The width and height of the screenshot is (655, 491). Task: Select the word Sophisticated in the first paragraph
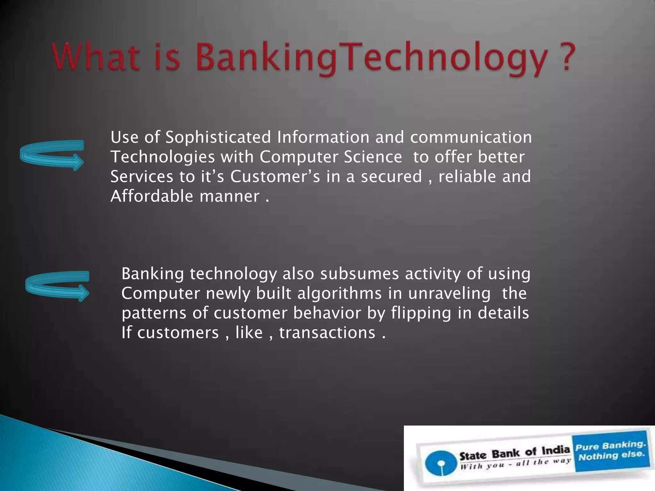point(218,137)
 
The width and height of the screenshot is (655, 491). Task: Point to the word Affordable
point(152,196)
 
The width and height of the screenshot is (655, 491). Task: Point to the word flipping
point(421,313)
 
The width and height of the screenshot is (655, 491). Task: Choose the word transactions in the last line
point(327,333)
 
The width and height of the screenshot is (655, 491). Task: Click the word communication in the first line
point(471,137)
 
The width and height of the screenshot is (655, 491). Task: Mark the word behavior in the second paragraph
point(327,313)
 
